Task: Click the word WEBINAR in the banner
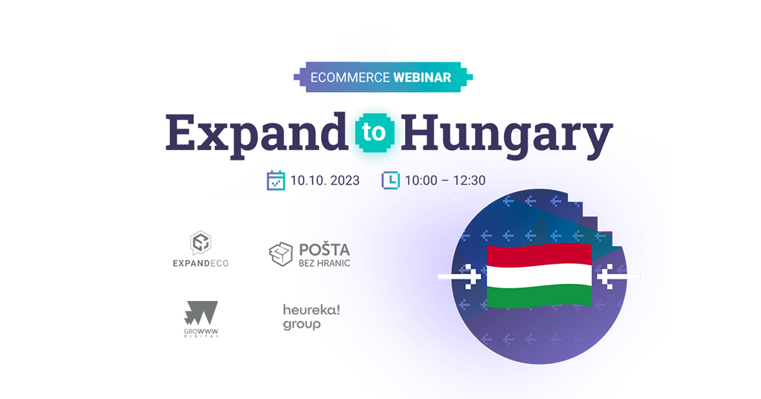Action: click(422, 77)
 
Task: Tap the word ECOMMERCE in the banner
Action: click(350, 77)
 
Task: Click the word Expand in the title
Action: click(256, 133)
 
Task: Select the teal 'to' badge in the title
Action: click(375, 132)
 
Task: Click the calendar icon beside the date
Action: click(276, 181)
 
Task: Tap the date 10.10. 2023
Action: click(325, 181)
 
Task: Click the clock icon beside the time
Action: click(391, 180)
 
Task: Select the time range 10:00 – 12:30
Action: click(445, 181)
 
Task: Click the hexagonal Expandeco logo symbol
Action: click(201, 243)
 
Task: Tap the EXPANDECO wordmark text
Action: click(201, 263)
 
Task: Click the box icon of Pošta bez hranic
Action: click(281, 254)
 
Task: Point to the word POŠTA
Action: click(324, 250)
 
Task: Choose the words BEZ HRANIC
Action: click(324, 263)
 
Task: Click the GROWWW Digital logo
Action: click(201, 319)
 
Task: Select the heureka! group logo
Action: click(311, 317)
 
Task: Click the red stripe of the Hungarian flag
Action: click(540, 255)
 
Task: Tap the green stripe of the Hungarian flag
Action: click(540, 296)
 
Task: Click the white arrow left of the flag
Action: click(459, 276)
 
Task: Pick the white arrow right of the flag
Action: click(618, 276)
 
